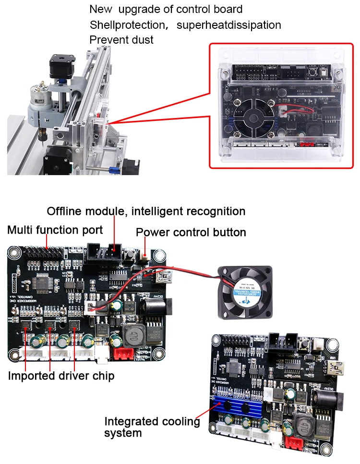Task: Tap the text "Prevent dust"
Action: coord(121,40)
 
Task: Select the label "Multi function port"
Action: coord(55,230)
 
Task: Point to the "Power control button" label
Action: coord(191,233)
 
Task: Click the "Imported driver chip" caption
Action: coord(61,376)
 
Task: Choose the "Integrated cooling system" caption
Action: coord(152,427)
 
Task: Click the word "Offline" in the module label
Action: coord(64,211)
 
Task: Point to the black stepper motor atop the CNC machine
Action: coord(61,67)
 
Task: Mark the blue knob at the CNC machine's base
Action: coord(114,169)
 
